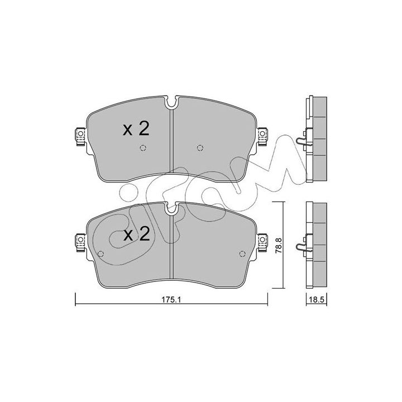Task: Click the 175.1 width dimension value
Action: pos(171,299)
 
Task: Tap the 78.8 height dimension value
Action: pos(279,246)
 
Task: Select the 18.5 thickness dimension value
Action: pos(317,299)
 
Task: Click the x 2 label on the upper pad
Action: pos(136,129)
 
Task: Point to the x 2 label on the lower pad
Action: pos(136,234)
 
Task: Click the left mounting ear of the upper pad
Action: pos(80,137)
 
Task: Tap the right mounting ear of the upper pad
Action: pos(262,137)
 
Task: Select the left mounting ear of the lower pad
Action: pos(80,242)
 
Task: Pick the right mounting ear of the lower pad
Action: pos(262,242)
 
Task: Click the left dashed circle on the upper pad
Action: pos(143,147)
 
